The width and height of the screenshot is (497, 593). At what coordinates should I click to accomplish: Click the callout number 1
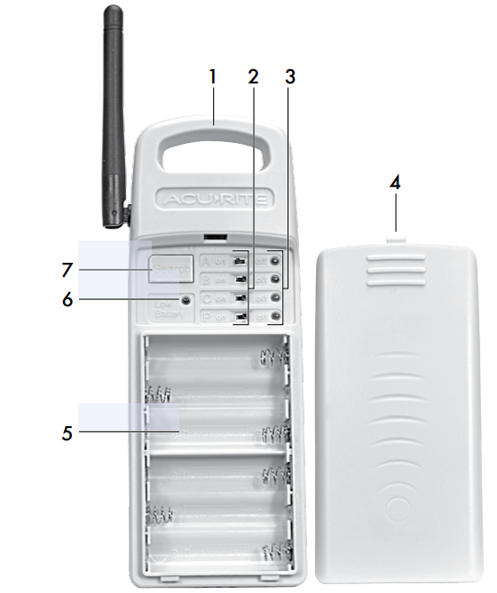tap(213, 76)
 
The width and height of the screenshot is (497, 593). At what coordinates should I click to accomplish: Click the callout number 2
tap(253, 76)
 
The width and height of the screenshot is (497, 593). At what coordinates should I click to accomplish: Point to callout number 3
tap(288, 76)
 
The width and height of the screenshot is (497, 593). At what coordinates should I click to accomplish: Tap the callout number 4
tap(395, 184)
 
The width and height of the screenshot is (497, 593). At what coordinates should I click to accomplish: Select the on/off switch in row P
tap(239, 316)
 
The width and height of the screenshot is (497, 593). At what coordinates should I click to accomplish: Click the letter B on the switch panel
tap(207, 280)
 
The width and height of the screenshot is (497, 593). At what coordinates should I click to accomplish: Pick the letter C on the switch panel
tap(207, 298)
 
